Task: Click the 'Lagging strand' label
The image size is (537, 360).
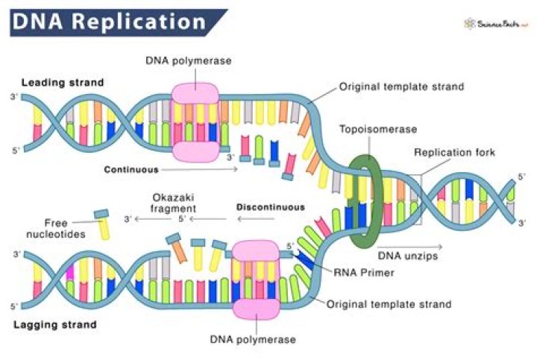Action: [54, 323]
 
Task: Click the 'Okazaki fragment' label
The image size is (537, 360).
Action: [171, 203]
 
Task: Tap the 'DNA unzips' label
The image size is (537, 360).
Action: [407, 255]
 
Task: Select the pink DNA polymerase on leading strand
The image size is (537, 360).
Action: [196, 120]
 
